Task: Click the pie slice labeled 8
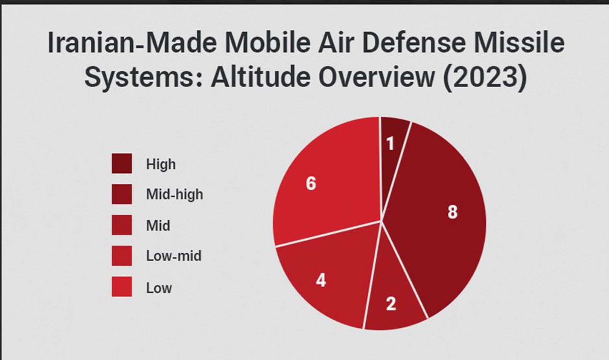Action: point(442,217)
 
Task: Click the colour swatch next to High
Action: point(122,164)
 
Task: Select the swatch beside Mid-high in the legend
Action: point(122,194)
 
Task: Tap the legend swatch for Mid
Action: point(122,225)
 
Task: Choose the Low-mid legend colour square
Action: point(122,256)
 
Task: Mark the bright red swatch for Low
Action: point(122,287)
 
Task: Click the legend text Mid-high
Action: point(174,194)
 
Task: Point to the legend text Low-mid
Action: point(174,256)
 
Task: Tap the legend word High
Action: point(161,164)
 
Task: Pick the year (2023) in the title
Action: point(484,77)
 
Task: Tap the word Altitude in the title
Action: point(261,77)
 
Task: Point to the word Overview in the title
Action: point(376,77)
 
